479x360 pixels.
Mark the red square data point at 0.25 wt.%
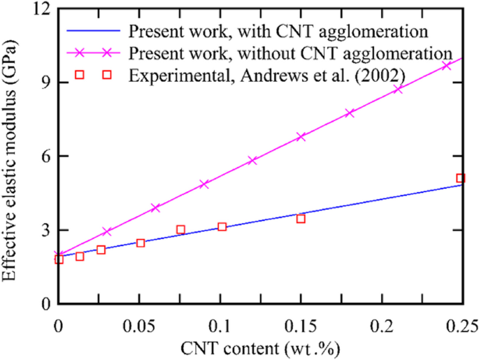pos(460,178)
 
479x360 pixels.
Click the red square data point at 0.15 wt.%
pos(301,219)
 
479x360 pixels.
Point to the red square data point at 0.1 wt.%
pos(222,226)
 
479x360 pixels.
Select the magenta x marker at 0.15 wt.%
pos(301,137)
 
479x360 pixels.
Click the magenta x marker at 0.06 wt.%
pos(156,208)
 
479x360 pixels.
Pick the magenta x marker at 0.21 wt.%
pos(398,89)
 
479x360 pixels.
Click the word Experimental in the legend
pos(163,74)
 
